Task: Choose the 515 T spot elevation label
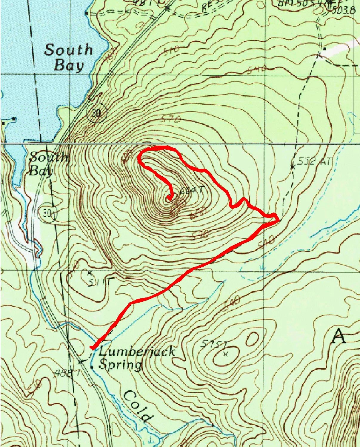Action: [x=214, y=344]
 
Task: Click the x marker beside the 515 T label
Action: [x=225, y=354]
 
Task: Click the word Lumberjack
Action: [x=137, y=351]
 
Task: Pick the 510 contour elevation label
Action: [x=171, y=50]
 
